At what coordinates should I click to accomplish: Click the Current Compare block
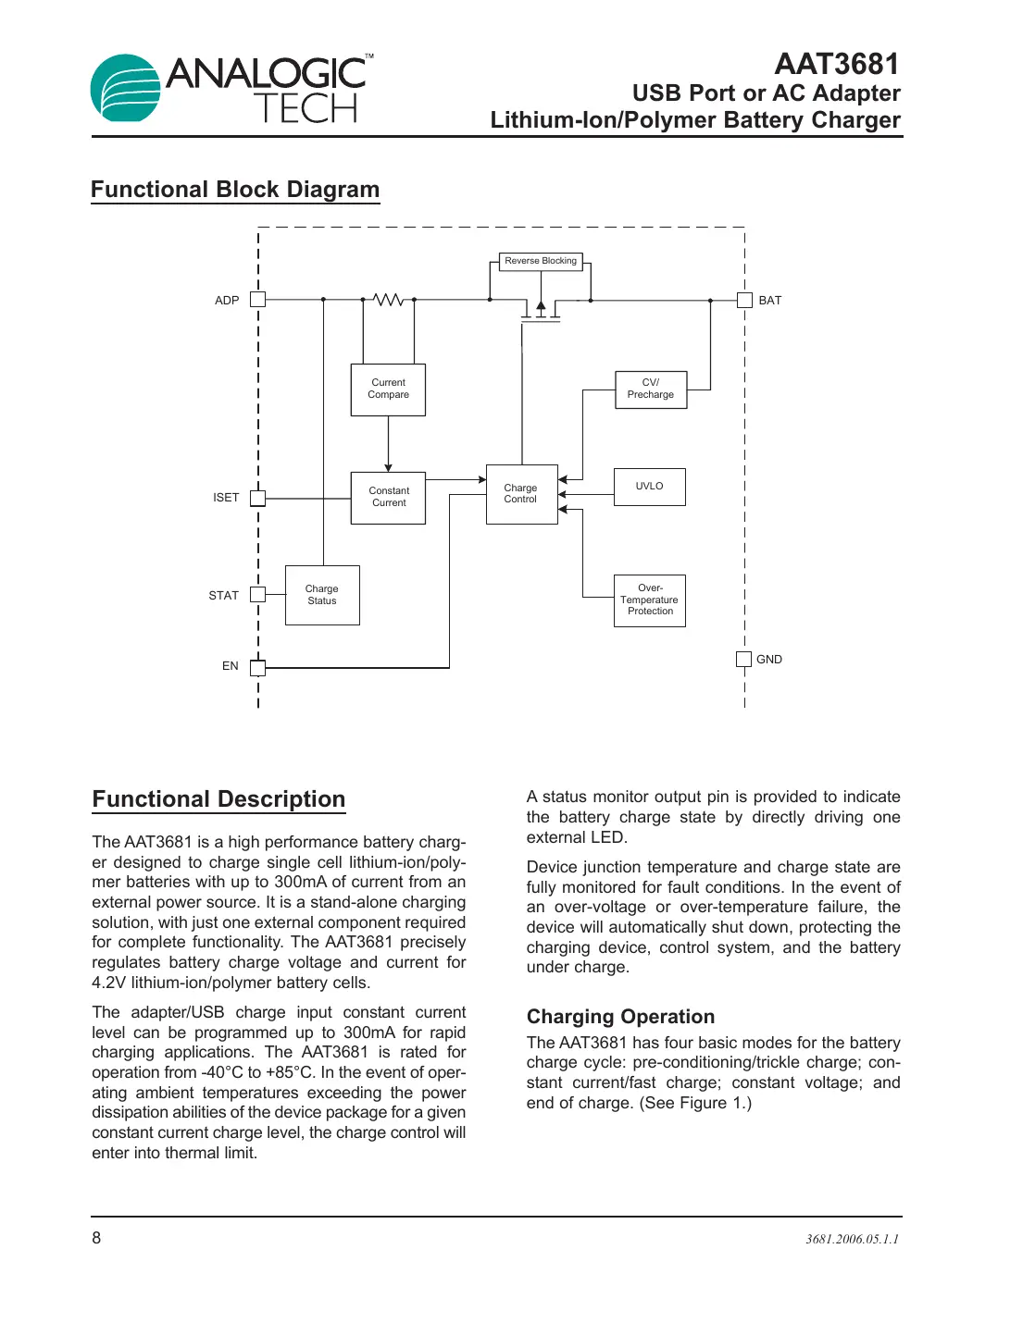click(388, 389)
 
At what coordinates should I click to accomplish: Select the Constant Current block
click(388, 498)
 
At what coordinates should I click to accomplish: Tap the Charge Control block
click(521, 494)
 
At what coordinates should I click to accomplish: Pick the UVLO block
click(649, 487)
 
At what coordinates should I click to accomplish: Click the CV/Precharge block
click(651, 389)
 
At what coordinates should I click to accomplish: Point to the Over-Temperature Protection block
click(650, 600)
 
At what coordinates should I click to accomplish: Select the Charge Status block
click(322, 595)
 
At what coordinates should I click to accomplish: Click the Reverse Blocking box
click(541, 262)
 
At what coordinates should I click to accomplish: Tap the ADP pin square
click(258, 300)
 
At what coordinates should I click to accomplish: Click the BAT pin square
click(744, 300)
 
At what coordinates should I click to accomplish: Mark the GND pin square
click(743, 659)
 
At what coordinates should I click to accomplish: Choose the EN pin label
click(230, 666)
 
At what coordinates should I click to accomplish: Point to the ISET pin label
click(226, 498)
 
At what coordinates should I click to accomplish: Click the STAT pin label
click(223, 596)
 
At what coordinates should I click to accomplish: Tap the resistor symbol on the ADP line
click(389, 300)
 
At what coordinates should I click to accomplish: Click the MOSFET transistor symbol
click(541, 309)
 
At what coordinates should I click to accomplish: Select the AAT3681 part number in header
click(837, 64)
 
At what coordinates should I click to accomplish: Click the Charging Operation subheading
click(620, 1017)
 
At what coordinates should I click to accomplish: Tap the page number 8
click(96, 1238)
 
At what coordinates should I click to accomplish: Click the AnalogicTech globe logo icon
click(126, 89)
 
